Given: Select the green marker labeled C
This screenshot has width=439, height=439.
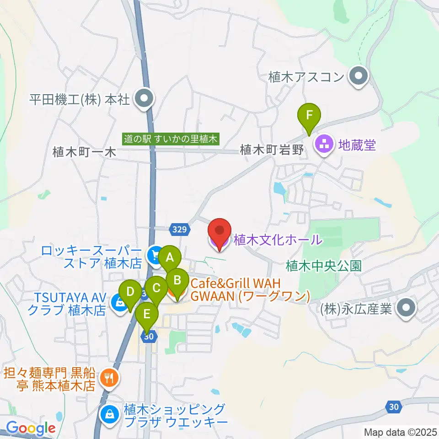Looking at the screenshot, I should click(156, 288).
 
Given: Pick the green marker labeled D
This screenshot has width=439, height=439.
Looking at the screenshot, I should click(130, 291).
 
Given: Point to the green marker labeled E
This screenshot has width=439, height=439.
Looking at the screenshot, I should click(147, 314).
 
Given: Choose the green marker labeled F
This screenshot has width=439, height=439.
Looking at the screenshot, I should click(309, 114).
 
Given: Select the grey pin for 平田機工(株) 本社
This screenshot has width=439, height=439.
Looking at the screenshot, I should click(145, 98).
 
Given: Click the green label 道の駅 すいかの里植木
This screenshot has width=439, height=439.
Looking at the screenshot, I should click(172, 138).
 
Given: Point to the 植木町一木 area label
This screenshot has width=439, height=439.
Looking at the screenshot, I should click(84, 152).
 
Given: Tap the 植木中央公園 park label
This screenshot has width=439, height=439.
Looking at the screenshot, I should click(324, 265).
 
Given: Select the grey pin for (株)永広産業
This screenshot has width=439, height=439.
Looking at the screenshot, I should click(405, 309).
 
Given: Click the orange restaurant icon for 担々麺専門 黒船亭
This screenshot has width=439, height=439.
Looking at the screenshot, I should click(109, 378).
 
